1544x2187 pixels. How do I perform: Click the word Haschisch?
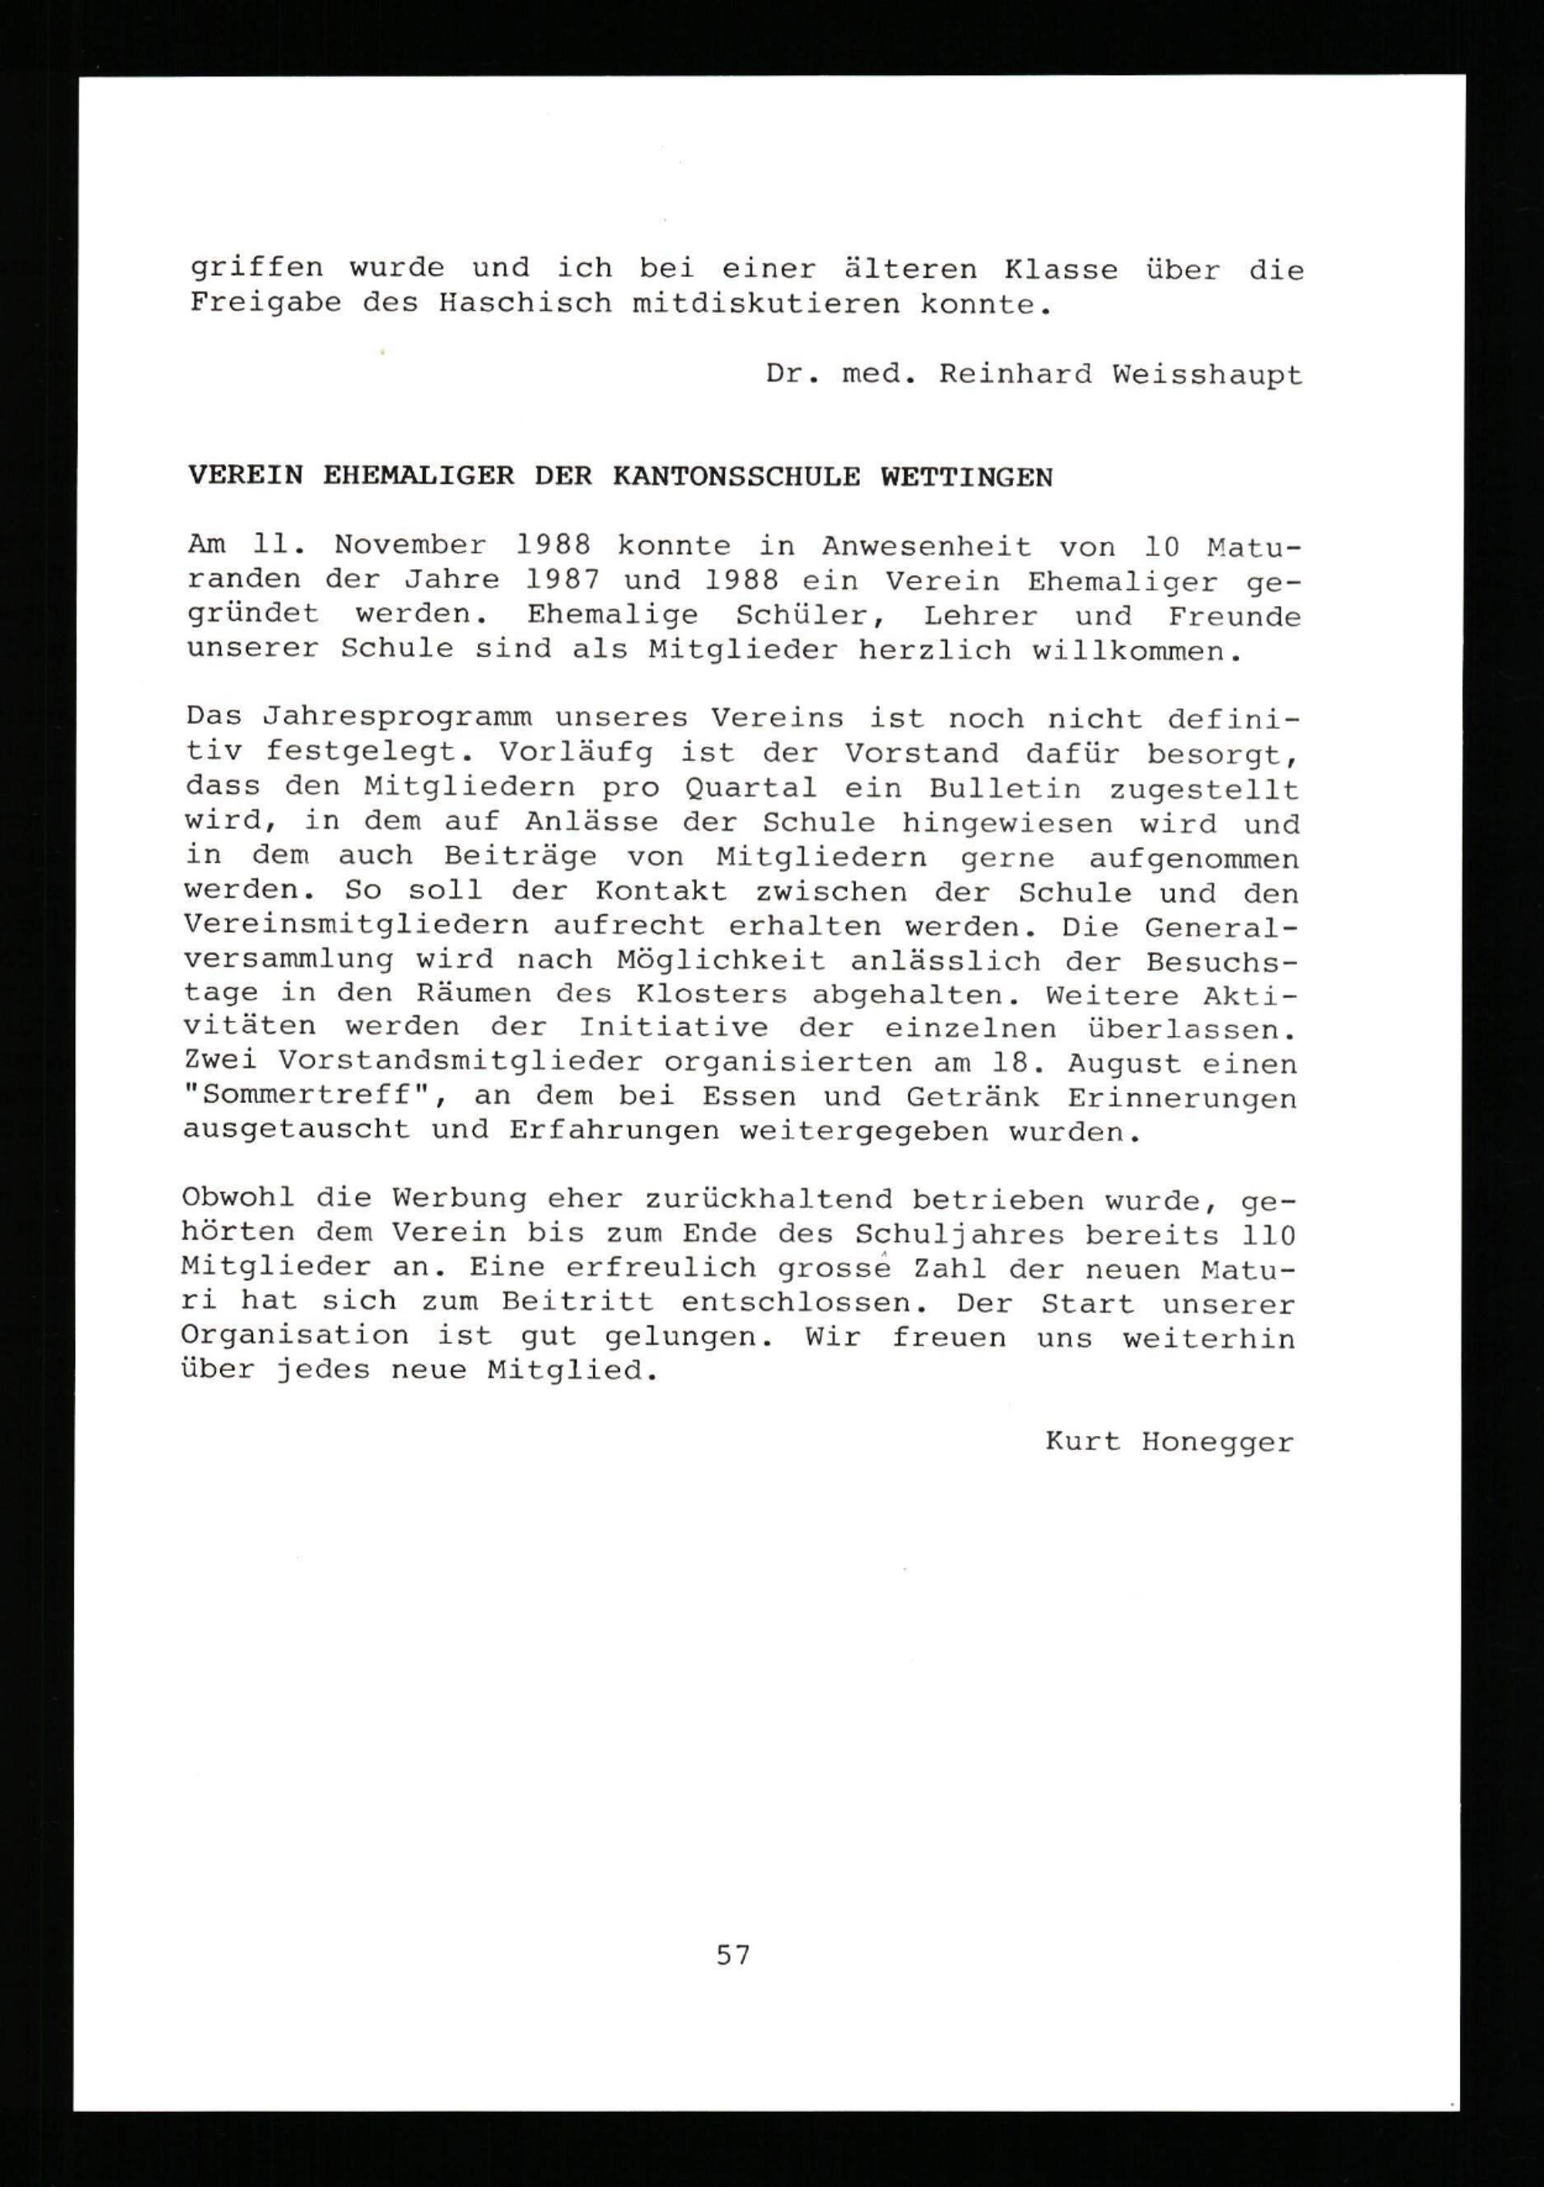526,304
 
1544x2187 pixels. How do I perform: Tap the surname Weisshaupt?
1207,374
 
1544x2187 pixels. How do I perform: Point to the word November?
410,546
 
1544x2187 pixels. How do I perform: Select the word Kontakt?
661,892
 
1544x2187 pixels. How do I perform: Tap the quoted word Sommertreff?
313,1096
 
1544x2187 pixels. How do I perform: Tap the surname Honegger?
1217,1442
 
